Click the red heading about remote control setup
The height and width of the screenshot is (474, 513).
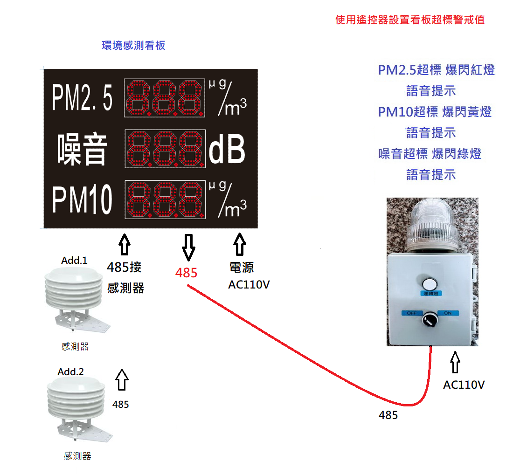point(410,20)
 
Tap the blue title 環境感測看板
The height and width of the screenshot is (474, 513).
point(133,46)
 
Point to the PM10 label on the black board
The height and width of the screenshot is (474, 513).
point(82,200)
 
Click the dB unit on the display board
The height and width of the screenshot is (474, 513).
point(227,150)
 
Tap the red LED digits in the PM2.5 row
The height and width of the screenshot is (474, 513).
point(165,98)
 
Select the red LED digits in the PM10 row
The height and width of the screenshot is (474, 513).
point(165,200)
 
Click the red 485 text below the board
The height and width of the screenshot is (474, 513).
point(187,273)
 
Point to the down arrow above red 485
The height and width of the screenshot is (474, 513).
point(188,247)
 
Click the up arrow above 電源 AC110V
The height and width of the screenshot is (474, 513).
point(239,244)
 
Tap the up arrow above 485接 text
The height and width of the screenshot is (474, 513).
point(124,244)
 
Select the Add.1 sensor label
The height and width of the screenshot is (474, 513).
point(74,261)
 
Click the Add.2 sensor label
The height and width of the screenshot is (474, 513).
point(70,372)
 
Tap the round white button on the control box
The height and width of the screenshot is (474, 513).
point(430,284)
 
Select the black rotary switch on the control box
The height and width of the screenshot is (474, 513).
point(430,320)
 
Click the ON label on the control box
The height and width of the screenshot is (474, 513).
point(448,313)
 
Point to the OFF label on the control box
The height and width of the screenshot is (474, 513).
point(412,313)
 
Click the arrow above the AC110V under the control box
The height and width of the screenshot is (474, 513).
point(455,363)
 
